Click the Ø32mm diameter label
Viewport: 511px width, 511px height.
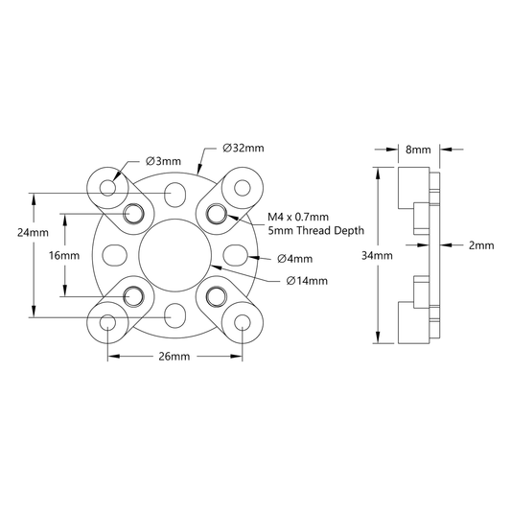[x=244, y=149]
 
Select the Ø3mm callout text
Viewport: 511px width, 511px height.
[x=163, y=161]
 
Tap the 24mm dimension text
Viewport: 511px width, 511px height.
[x=33, y=233]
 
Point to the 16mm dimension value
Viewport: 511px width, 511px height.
[x=64, y=255]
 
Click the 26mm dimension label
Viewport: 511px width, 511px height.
[x=174, y=357]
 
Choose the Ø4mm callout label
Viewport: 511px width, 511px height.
[x=294, y=259]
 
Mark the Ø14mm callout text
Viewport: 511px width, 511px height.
[x=307, y=281]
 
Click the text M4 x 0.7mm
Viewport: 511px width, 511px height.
[x=298, y=217]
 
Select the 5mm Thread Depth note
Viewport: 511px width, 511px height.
[x=315, y=231]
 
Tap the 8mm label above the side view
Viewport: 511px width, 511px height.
[x=418, y=150]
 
